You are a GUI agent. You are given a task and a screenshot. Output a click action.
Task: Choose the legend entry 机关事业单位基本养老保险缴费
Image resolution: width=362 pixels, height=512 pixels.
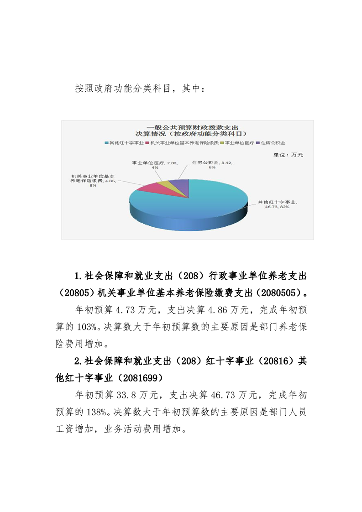point(182,143)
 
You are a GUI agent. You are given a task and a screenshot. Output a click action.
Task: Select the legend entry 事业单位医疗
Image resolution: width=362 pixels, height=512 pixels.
point(237,143)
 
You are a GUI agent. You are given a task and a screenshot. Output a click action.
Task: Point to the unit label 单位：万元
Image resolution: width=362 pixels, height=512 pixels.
point(289,155)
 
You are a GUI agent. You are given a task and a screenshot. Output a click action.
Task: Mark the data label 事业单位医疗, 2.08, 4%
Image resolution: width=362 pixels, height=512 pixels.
point(154,165)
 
